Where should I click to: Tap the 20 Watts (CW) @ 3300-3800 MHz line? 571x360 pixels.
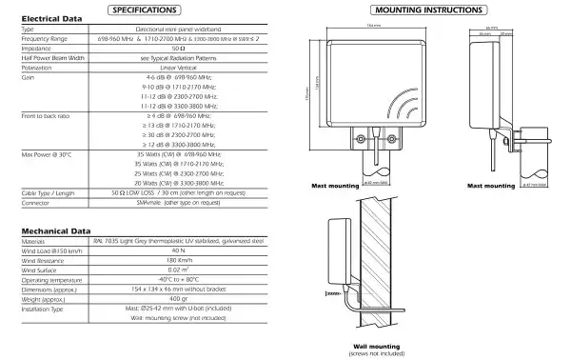[x=177, y=181]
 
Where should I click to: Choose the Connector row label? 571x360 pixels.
[x=36, y=202]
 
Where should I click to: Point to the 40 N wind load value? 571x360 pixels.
[x=177, y=250]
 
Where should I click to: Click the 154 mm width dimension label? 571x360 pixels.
[x=373, y=27]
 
